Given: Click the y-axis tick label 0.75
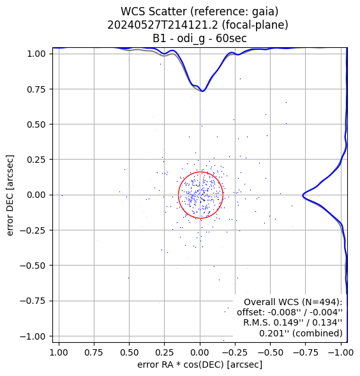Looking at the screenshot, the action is (x=36, y=89).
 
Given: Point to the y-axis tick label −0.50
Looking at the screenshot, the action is (x=33, y=266).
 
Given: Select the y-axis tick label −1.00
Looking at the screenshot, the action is (x=33, y=336).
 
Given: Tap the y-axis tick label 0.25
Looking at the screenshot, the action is (x=36, y=160).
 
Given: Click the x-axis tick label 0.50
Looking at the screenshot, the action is (x=130, y=352).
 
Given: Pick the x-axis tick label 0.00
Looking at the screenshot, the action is (x=200, y=352).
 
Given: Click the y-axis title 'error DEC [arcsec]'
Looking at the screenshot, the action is (x=10, y=195).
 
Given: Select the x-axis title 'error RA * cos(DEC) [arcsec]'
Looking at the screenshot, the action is (x=200, y=365).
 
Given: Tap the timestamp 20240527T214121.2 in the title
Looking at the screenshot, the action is (x=163, y=25).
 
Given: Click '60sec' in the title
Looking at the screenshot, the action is (x=231, y=38).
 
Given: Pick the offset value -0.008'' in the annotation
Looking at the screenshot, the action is (x=284, y=312).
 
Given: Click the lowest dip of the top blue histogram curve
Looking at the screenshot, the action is (x=203, y=91).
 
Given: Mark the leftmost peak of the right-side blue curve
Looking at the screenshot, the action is (x=303, y=195).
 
